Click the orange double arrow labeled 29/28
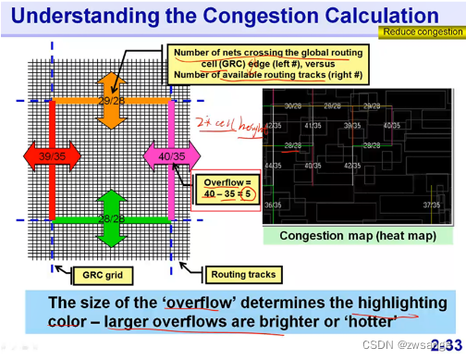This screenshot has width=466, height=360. pos(112,98)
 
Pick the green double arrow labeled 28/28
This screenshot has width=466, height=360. pos(112,218)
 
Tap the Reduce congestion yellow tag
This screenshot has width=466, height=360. pos(418,32)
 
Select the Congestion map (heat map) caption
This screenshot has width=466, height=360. pos(359,236)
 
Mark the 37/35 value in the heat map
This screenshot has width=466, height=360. pos(431,205)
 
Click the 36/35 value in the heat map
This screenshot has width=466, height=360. pos(273,205)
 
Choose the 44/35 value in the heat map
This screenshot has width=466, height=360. pos(273,166)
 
